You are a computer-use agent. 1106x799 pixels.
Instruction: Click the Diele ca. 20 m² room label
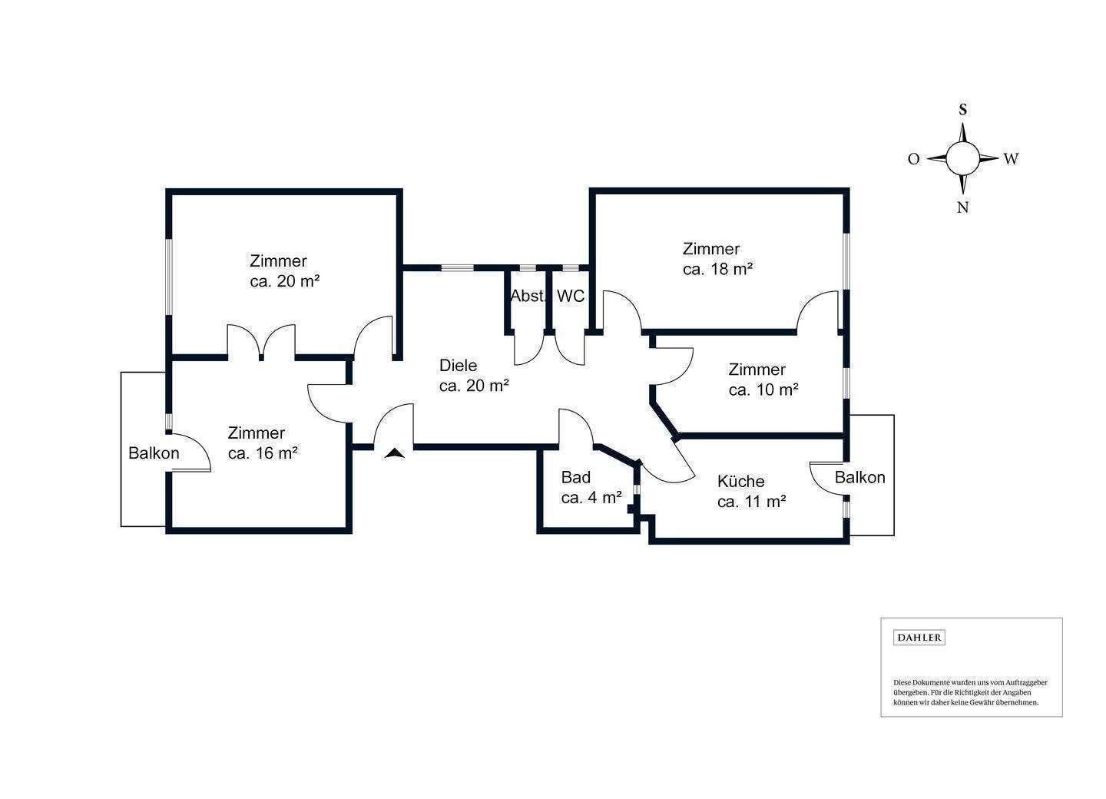pyautogui.click(x=474, y=376)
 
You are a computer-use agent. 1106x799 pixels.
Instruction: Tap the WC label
pyautogui.click(x=571, y=297)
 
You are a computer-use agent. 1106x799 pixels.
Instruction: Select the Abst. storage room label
pyautogui.click(x=527, y=297)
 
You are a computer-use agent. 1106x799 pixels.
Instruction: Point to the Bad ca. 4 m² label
pyautogui.click(x=591, y=487)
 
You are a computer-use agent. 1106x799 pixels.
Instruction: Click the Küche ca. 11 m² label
pyautogui.click(x=750, y=492)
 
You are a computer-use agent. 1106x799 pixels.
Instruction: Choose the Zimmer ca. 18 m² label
pyautogui.click(x=717, y=259)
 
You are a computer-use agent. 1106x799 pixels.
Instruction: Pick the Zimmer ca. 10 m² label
pyautogui.click(x=763, y=380)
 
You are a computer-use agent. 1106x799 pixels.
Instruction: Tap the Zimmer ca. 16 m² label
pyautogui.click(x=263, y=443)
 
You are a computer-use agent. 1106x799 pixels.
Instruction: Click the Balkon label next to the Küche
pyautogui.click(x=860, y=477)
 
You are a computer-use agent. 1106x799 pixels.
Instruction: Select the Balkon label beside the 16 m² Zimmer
pyautogui.click(x=154, y=453)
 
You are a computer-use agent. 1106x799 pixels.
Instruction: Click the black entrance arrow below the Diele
pyautogui.click(x=395, y=453)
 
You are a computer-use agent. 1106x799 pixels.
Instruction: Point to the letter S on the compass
pyautogui.click(x=962, y=109)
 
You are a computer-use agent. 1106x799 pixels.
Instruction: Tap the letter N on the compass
pyautogui.click(x=962, y=207)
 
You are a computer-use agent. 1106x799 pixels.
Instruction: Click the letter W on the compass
pyautogui.click(x=1011, y=159)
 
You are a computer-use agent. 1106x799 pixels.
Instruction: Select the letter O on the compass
pyautogui.click(x=913, y=159)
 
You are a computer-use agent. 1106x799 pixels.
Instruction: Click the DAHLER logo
pyautogui.click(x=919, y=638)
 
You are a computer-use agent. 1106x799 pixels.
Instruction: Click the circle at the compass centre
pyautogui.click(x=962, y=158)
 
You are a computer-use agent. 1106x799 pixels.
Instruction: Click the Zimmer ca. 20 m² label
pyautogui.click(x=284, y=270)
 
